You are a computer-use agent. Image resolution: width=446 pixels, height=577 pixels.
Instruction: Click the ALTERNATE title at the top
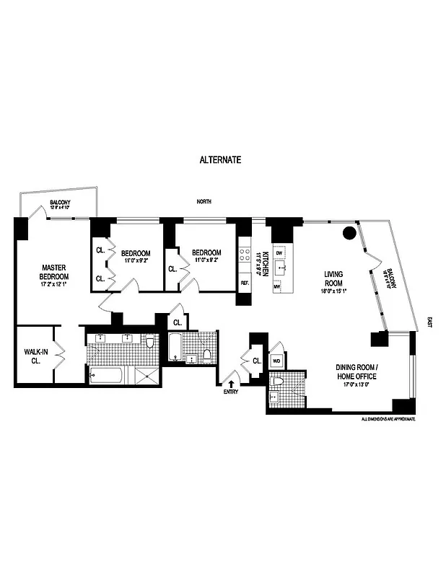point(220,159)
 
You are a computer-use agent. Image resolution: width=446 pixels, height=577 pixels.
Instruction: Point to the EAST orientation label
point(429,324)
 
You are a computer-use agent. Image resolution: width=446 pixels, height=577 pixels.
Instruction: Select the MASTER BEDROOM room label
point(54,271)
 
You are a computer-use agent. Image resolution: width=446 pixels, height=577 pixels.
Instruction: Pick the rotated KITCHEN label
point(266,263)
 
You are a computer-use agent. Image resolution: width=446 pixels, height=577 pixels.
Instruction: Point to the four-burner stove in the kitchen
point(245,254)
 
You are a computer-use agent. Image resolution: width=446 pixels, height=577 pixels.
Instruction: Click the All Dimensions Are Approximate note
point(388,418)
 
